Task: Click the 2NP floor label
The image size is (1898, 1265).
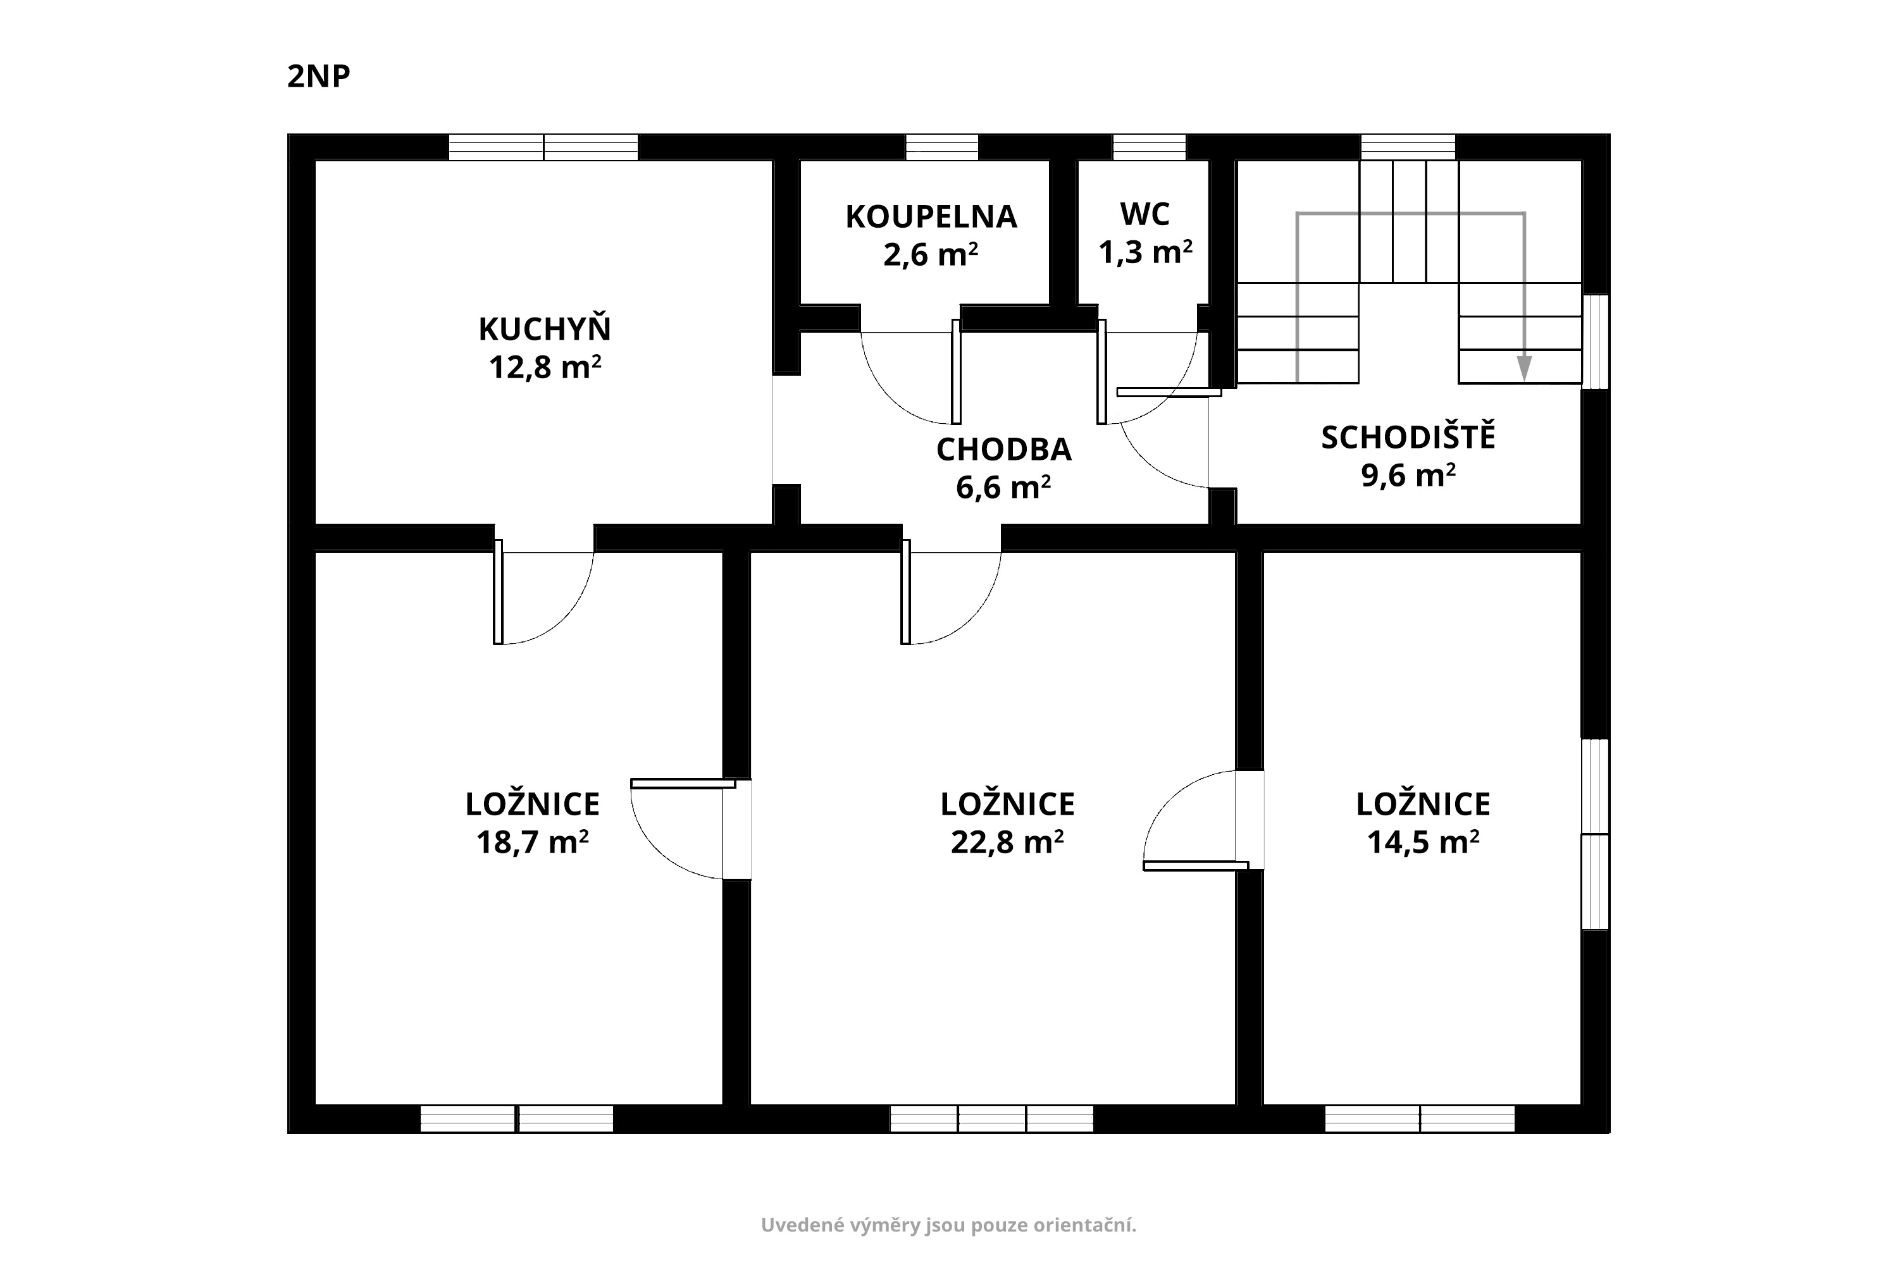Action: pos(319,77)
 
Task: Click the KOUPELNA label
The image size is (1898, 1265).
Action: pos(931,217)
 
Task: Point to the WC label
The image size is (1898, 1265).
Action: pos(1145,214)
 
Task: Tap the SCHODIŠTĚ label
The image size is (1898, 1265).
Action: pos(1408,436)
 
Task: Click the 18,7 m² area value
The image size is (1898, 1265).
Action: pos(532,843)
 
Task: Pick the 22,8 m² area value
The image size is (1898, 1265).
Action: pos(1007,843)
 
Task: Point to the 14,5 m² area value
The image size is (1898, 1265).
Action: pos(1423,843)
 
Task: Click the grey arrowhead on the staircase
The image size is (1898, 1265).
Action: pos(1523,369)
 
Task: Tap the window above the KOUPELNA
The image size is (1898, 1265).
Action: pos(942,147)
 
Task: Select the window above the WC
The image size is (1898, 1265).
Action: pos(1149,147)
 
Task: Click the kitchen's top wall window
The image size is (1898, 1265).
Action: pos(543,147)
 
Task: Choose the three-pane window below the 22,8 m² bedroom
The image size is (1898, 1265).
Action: pos(992,1119)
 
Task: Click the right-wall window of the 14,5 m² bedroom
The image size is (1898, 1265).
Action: pos(1596,834)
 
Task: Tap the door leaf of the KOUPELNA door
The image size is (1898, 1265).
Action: pos(956,372)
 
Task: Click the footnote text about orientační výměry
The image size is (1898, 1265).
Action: pos(949,1226)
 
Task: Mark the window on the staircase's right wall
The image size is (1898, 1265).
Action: pos(1596,342)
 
